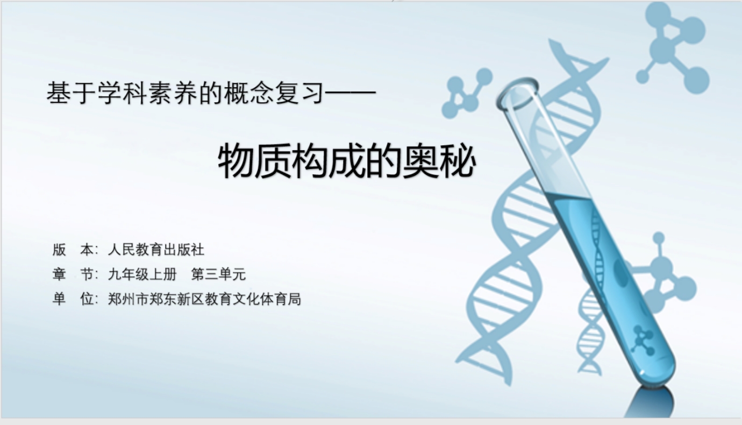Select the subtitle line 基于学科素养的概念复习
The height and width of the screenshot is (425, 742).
click(184, 93)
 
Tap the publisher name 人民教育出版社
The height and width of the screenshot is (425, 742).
click(156, 250)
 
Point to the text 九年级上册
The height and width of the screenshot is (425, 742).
click(142, 274)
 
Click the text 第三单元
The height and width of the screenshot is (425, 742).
click(219, 274)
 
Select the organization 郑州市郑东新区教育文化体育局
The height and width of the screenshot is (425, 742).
click(204, 299)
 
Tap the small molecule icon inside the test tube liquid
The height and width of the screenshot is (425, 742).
click(643, 340)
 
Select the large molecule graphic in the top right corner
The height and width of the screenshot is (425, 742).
click(673, 46)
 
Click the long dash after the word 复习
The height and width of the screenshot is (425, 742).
click(350, 93)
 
